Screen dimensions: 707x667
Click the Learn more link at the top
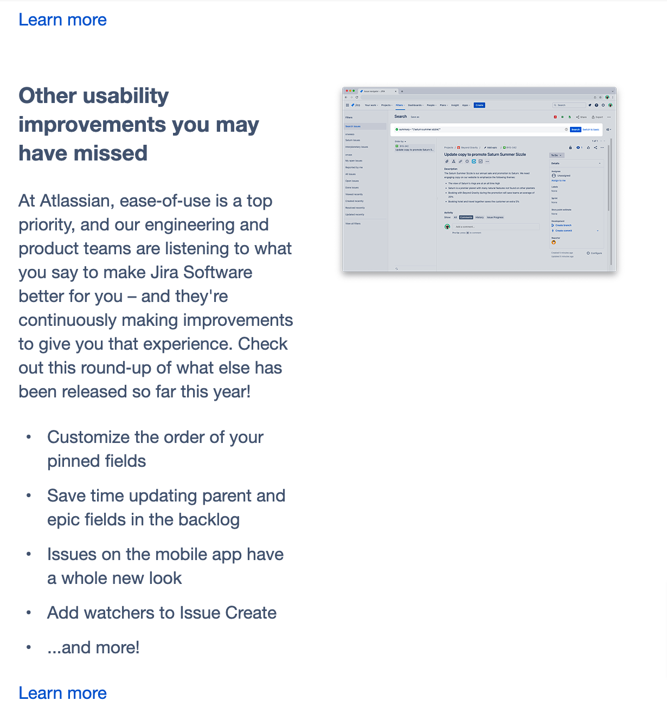point(62,20)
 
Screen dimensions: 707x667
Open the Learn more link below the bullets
point(62,693)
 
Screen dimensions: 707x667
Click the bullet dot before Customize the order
point(29,437)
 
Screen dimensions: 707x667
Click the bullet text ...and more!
point(93,647)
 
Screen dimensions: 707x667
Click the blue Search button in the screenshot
point(575,130)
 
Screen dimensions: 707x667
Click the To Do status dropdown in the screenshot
point(556,155)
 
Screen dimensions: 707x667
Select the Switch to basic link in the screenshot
point(591,130)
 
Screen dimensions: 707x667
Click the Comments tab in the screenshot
point(466,217)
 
